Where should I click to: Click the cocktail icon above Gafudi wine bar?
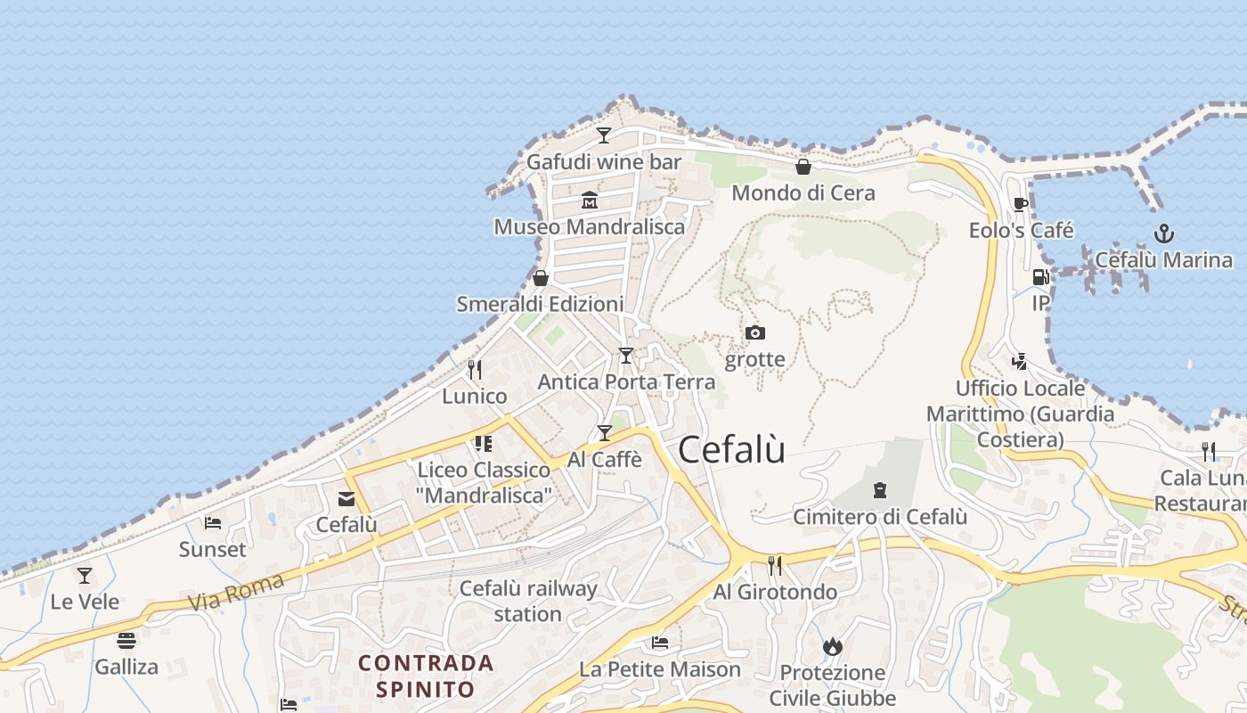(x=604, y=135)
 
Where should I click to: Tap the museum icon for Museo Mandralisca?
(x=590, y=200)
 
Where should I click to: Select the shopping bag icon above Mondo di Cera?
(x=803, y=167)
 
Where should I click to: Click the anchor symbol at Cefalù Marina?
(x=1163, y=234)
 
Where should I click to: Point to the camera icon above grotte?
(x=755, y=333)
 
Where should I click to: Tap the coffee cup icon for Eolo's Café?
(x=1021, y=204)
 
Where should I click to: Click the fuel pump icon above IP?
(x=1040, y=277)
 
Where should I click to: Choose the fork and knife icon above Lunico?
(x=475, y=369)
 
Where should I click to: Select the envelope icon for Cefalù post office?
(x=346, y=499)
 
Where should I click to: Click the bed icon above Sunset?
(x=212, y=523)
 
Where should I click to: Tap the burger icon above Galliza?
(x=126, y=640)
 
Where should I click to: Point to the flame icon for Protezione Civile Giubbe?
(x=833, y=646)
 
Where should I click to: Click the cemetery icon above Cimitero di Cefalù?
(x=880, y=490)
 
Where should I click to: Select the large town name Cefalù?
(x=732, y=449)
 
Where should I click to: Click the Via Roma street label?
(x=237, y=593)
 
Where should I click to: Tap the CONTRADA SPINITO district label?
(x=426, y=676)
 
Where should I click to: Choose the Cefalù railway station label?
(x=528, y=601)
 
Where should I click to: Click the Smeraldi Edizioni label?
(x=540, y=304)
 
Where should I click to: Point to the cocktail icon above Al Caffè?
(x=605, y=433)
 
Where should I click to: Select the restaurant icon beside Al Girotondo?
(x=775, y=564)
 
